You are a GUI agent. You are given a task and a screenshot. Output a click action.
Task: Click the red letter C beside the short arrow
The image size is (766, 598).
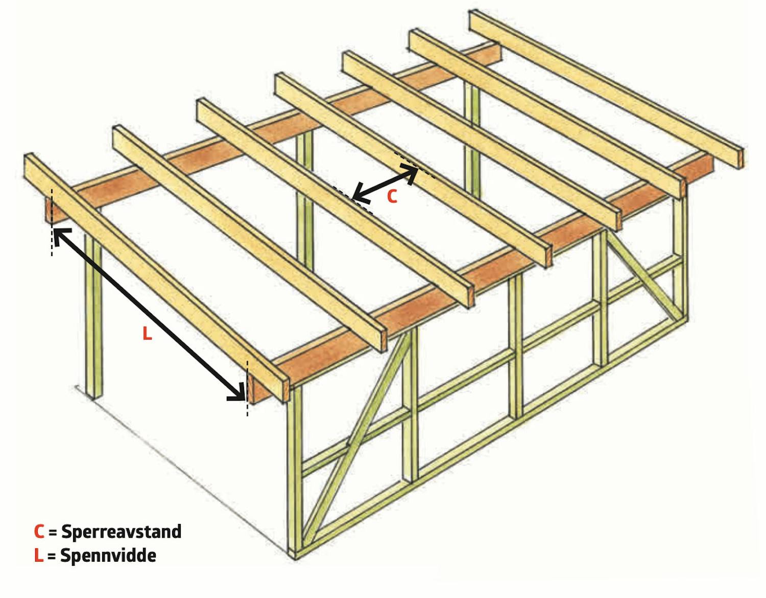click(x=392, y=196)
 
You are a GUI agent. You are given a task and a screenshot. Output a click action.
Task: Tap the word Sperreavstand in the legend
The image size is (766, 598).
click(x=122, y=532)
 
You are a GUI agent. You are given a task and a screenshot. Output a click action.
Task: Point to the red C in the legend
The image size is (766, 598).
click(x=39, y=532)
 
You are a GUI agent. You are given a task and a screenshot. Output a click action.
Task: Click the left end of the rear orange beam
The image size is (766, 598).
click(x=50, y=210)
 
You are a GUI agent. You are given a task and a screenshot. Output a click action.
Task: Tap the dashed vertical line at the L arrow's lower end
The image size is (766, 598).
click(x=248, y=388)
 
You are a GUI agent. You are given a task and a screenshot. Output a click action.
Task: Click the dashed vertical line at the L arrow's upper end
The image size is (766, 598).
click(x=52, y=222)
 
